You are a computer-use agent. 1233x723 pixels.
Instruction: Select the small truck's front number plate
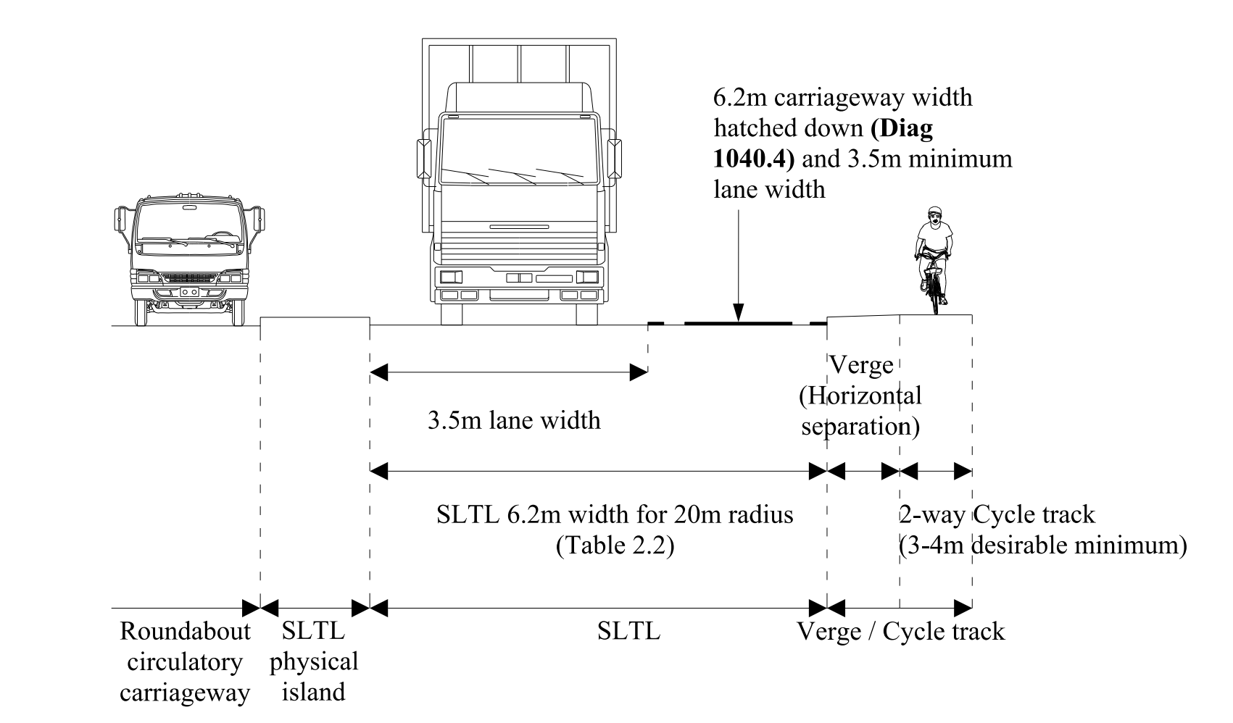189,291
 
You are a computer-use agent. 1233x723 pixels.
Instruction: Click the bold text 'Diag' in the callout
903,128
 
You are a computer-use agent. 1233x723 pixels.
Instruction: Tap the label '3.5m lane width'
514,420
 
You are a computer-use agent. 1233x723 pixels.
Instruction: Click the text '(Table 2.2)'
615,545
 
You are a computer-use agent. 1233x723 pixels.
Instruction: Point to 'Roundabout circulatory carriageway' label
185,661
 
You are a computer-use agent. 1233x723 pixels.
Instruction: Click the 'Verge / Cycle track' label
900,632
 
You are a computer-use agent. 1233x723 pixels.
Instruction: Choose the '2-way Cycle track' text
997,514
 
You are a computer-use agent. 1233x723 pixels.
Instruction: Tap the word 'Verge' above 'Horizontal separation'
860,364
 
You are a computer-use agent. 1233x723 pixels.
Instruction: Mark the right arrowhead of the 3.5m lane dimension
639,373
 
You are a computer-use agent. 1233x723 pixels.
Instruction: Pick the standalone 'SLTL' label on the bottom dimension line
628,632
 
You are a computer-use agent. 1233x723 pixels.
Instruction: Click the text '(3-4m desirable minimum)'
1042,545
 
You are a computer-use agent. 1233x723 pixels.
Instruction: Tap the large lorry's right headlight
587,276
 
